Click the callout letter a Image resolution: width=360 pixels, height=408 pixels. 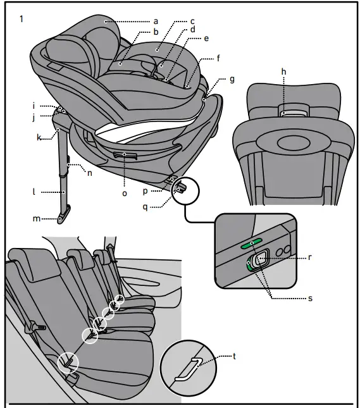(x=156, y=22)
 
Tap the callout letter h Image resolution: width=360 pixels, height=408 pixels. (x=283, y=72)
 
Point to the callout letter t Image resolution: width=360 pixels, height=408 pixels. (x=235, y=356)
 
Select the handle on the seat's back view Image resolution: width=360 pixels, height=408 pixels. (x=292, y=114)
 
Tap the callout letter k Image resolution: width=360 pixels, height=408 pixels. (x=39, y=137)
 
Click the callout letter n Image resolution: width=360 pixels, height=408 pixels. (x=89, y=171)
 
